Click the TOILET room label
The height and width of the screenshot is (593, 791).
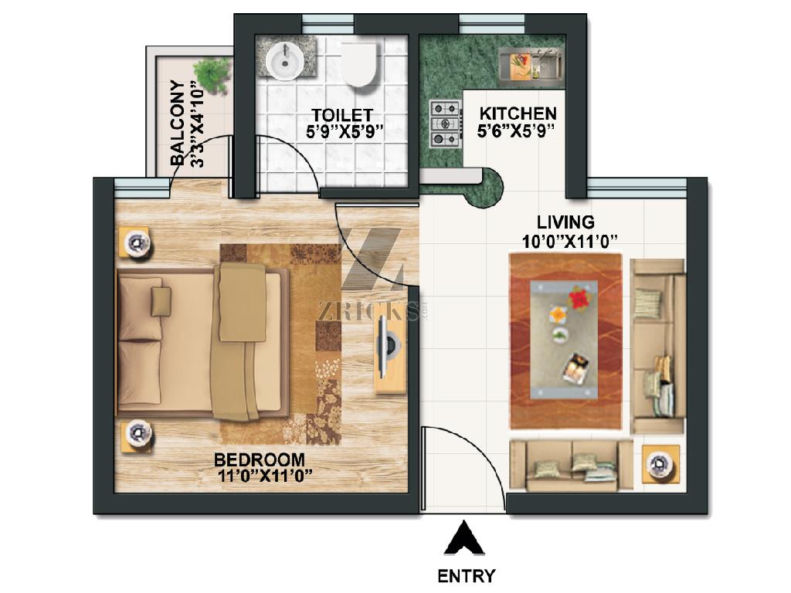coord(342,116)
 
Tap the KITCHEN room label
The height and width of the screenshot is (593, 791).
coord(518,113)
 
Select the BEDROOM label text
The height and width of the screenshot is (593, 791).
coord(260,460)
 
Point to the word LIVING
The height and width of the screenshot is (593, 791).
coord(565,222)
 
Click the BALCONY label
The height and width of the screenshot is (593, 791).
coord(177,123)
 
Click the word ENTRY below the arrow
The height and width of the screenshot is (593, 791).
coord(466,576)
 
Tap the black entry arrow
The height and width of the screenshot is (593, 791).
coord(464,538)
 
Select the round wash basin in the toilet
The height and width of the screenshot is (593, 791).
coord(284,60)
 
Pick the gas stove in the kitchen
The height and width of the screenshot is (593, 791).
coord(446,124)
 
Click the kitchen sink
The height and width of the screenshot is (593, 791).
coord(530,64)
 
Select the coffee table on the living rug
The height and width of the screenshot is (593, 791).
coord(564,340)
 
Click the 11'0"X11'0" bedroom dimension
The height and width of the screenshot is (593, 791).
coord(266,476)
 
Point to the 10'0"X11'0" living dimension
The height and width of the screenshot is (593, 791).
coord(570,242)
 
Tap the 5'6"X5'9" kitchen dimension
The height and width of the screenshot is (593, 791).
coord(516,130)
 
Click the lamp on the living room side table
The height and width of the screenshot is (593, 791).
coord(659,464)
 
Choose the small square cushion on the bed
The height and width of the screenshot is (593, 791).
coord(161,301)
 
